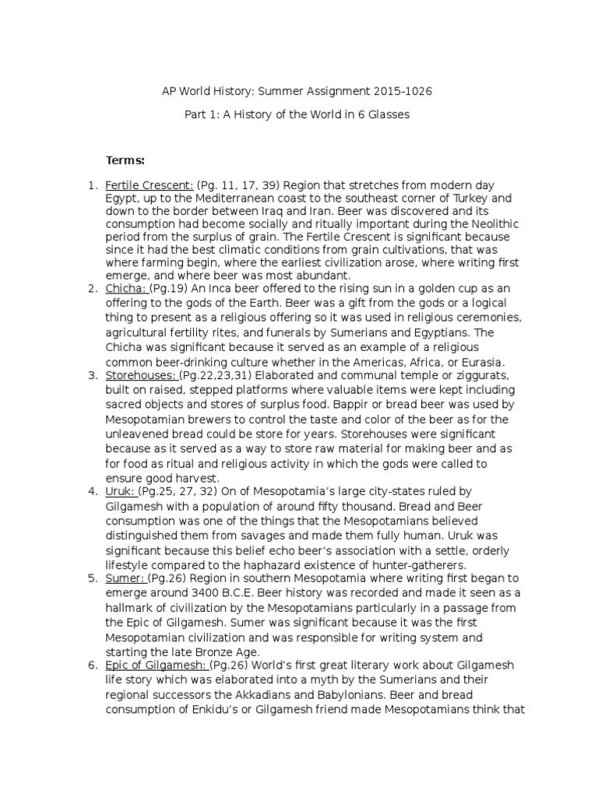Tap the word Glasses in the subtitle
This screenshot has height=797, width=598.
385,114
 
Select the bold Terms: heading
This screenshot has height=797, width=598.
125,160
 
